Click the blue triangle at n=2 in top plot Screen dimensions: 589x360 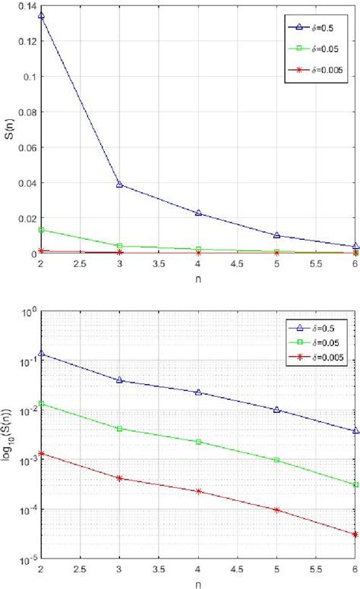click(40, 15)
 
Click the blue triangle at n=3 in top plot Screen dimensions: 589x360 click(119, 184)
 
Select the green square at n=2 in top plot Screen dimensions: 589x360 click(40, 229)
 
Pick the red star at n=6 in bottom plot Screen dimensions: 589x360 click(355, 556)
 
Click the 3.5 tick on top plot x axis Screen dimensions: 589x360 click(159, 262)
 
